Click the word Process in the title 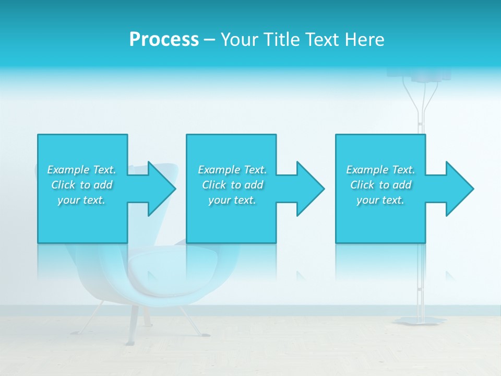(164, 40)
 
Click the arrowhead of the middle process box (309, 189)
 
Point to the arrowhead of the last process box (459, 189)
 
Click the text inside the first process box (81, 185)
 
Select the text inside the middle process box (232, 185)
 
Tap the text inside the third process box (380, 185)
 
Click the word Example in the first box (68, 170)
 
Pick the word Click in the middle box (213, 185)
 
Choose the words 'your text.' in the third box (380, 200)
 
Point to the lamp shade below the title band (431, 75)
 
